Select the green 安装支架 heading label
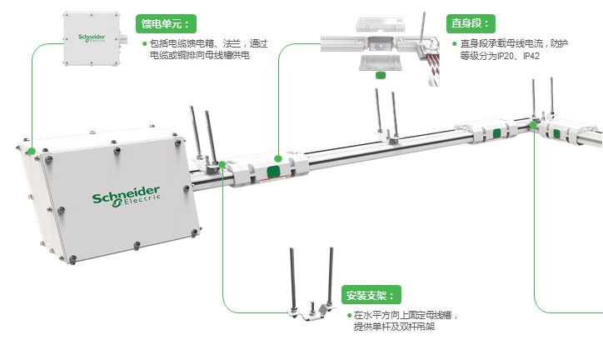[x=371, y=295]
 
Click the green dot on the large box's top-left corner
[x=31, y=151]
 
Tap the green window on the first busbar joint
[x=273, y=171]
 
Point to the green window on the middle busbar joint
[x=496, y=133]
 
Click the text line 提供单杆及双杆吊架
[x=394, y=327]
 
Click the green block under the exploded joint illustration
[x=381, y=74]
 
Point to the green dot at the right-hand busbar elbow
[x=534, y=125]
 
